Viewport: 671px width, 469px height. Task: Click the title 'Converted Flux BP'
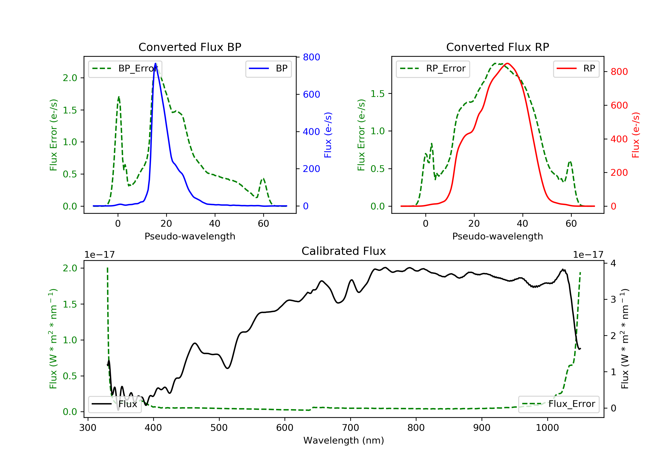pos(190,47)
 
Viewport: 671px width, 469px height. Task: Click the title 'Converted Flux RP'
pos(497,47)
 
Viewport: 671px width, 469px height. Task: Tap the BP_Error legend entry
pos(125,69)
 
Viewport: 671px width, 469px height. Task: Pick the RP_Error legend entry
pos(433,69)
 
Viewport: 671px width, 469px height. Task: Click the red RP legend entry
pos(576,69)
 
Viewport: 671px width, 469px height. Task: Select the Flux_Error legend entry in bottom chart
pos(558,404)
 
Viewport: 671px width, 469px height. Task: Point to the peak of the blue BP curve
pos(155,63)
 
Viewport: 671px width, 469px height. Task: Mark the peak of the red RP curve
pos(507,63)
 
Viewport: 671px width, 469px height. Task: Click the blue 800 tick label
pos(311,57)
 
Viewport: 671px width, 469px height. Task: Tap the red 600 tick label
pos(619,105)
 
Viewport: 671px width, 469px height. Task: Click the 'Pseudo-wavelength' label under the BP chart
pos(190,236)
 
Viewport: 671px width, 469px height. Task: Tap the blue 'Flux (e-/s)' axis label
pos(328,135)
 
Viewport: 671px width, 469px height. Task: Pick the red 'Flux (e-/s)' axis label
pos(636,135)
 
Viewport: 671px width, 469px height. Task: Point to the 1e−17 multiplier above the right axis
pos(588,255)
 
